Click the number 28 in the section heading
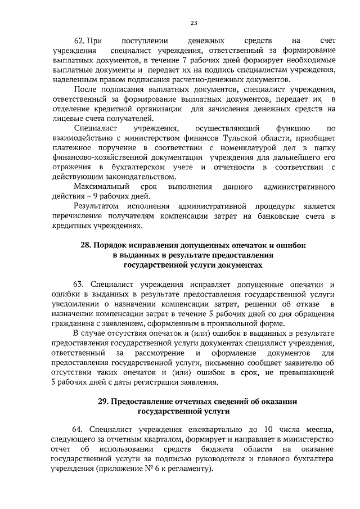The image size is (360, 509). click(86, 246)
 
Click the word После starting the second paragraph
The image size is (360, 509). click(86, 89)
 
